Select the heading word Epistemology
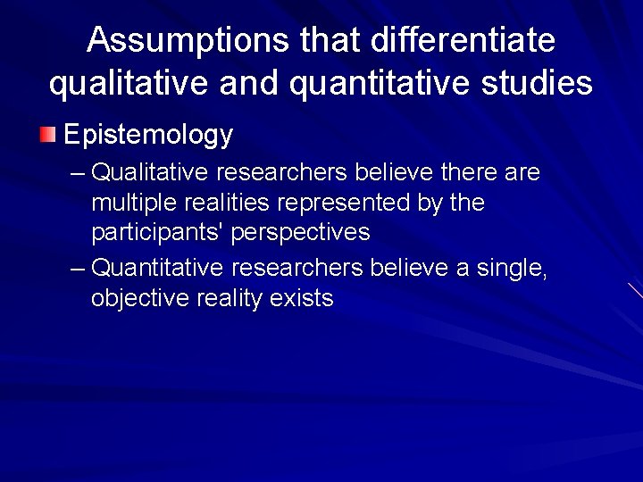148,136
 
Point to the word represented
345,203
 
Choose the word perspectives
300,233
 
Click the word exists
303,299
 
